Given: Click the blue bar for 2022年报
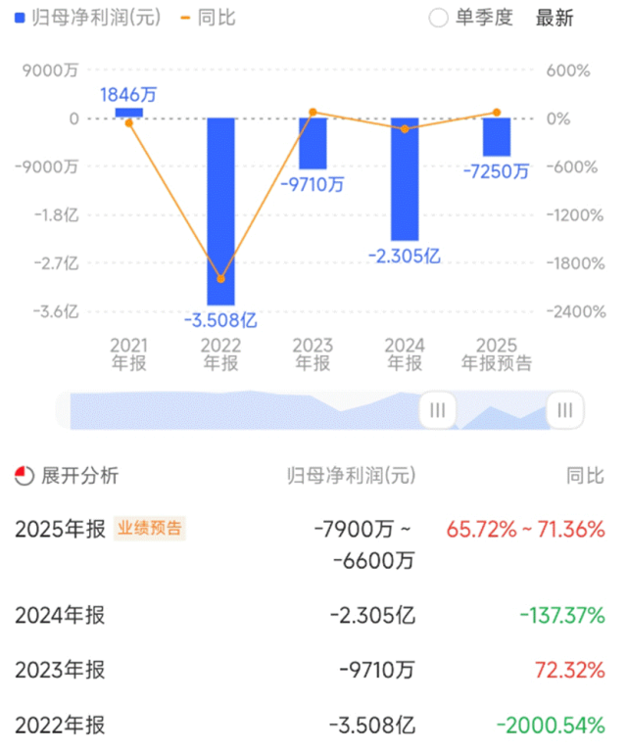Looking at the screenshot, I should [x=220, y=211].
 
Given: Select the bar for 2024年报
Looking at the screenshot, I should [x=405, y=179].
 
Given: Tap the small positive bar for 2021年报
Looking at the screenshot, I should [x=129, y=113].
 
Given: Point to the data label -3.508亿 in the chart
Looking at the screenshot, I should [x=220, y=319].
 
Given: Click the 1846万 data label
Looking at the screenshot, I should [x=128, y=94].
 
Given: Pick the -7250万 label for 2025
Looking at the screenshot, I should [x=496, y=171].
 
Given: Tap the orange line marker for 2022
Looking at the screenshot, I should [x=220, y=279].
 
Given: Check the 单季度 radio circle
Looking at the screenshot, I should [x=438, y=18].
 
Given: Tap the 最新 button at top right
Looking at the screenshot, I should [x=555, y=18].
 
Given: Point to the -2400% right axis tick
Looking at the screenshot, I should [x=567, y=311].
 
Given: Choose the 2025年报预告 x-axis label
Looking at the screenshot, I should [x=497, y=354].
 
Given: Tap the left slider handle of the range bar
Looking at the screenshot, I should [x=438, y=410].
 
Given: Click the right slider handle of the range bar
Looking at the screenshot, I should [x=565, y=410].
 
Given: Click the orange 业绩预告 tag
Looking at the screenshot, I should [x=150, y=529].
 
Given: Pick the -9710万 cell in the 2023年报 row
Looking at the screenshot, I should [x=377, y=671].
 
